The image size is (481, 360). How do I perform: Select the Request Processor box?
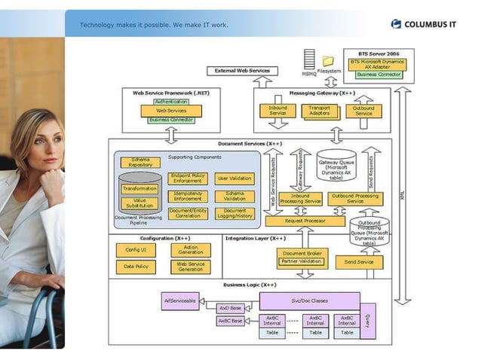pyautogui.click(x=305, y=221)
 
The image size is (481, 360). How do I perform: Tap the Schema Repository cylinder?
pyautogui.click(x=140, y=162)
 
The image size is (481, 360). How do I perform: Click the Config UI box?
pyautogui.click(x=135, y=250)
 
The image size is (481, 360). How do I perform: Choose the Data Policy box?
pyautogui.click(x=135, y=267)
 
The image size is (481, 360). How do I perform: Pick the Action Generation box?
pyautogui.click(x=190, y=250)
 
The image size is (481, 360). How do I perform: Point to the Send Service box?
pyautogui.click(x=359, y=262)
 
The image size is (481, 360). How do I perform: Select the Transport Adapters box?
pyautogui.click(x=320, y=111)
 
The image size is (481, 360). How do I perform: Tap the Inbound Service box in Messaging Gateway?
pyautogui.click(x=277, y=111)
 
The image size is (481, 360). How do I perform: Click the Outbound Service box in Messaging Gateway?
pyautogui.click(x=363, y=111)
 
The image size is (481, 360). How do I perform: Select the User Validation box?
pyautogui.click(x=234, y=178)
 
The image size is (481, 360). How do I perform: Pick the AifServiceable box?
pyautogui.click(x=180, y=301)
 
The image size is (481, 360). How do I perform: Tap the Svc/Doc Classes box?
pyautogui.click(x=309, y=301)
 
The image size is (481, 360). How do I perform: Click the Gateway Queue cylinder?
pyautogui.click(x=336, y=168)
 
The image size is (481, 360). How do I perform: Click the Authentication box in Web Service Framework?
pyautogui.click(x=171, y=102)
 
